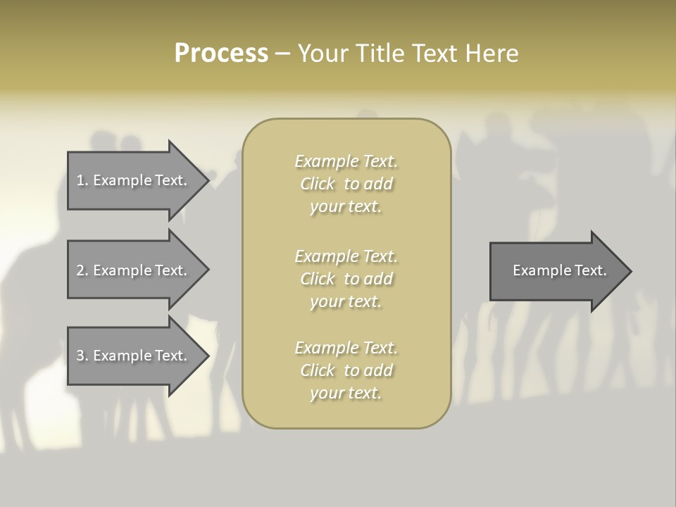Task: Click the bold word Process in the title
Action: [x=221, y=54]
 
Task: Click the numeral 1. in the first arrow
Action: [x=82, y=180]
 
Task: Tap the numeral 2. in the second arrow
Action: [x=82, y=270]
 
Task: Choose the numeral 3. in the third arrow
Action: [x=82, y=356]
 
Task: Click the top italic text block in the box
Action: [x=346, y=184]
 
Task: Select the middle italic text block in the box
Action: [x=346, y=279]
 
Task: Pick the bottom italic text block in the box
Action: [x=346, y=370]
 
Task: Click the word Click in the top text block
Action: [x=318, y=184]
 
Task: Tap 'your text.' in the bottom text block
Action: [x=346, y=393]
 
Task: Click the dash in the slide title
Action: [x=282, y=54]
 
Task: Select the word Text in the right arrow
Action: [x=590, y=270]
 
